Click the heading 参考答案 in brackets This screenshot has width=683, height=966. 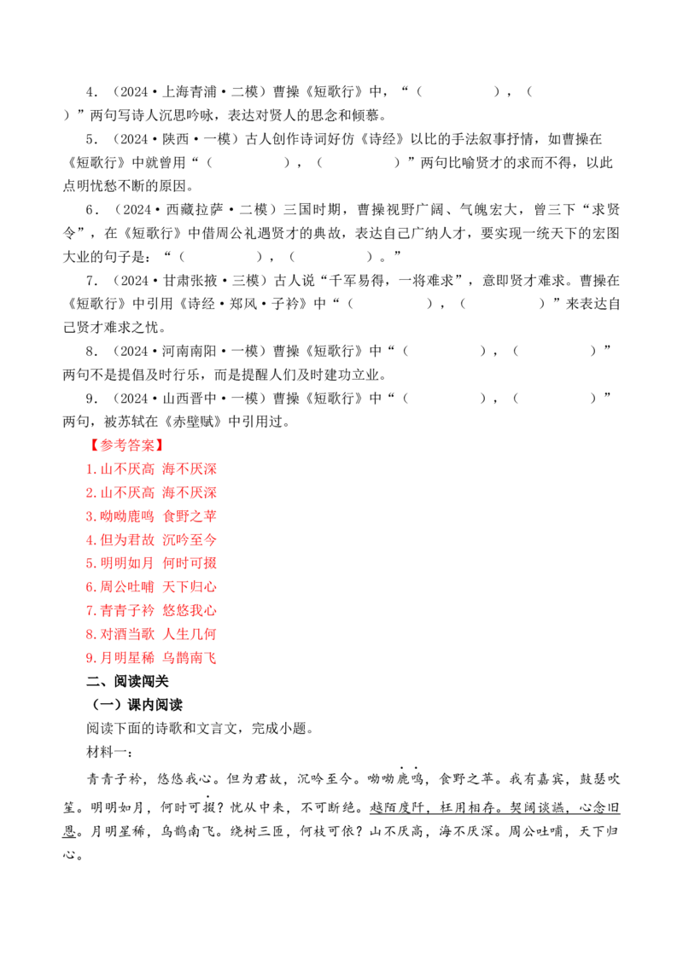[126, 445]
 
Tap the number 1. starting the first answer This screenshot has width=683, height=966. [90, 469]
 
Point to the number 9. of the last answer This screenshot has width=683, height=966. [90, 659]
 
